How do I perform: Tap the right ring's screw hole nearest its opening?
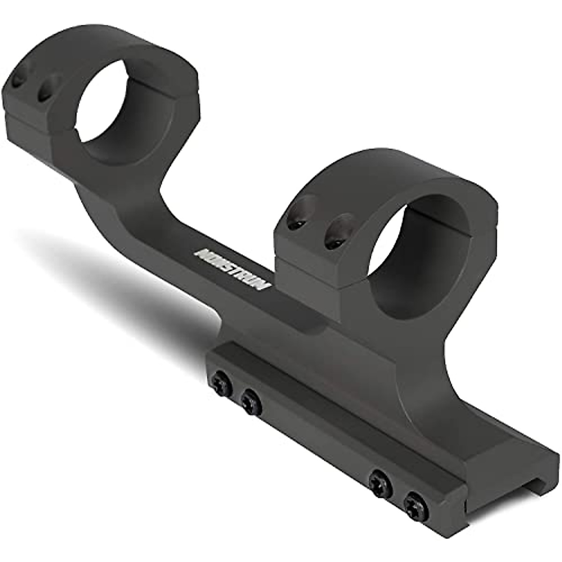[336, 233]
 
